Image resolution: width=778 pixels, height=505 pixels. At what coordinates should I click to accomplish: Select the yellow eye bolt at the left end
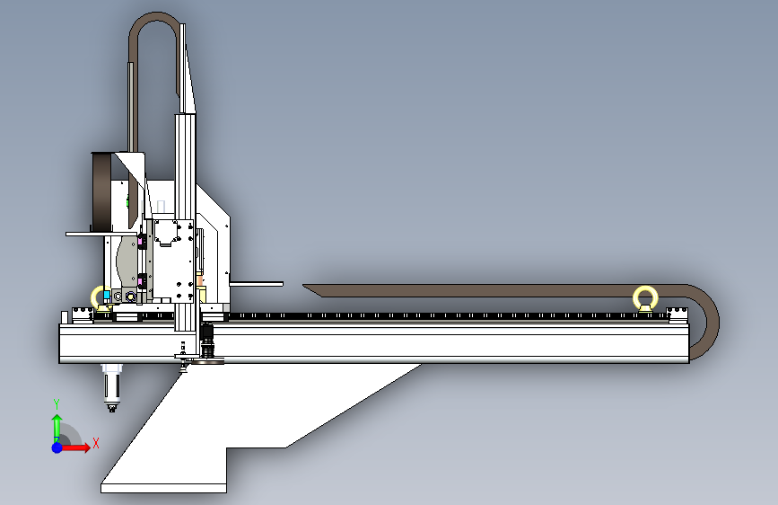pos(94,298)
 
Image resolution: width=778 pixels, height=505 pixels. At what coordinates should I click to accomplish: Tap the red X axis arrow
pos(74,447)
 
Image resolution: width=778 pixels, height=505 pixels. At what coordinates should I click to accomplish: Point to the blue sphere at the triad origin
pos(57,447)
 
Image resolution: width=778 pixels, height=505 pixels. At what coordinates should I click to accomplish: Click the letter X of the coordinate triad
pos(96,443)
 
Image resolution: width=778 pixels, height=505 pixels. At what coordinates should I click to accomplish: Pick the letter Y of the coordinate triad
pos(57,404)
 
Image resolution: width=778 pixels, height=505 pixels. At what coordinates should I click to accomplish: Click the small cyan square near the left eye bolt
pos(106,295)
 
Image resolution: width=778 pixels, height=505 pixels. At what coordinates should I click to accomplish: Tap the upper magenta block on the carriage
pos(140,242)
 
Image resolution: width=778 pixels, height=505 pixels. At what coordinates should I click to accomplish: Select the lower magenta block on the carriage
pos(140,282)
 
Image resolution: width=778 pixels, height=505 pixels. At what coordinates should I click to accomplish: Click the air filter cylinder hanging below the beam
pos(111,387)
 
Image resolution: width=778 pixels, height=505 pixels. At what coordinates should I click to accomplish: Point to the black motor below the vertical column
pos(207,341)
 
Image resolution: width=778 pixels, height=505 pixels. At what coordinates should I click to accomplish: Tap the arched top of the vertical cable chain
pos(155,17)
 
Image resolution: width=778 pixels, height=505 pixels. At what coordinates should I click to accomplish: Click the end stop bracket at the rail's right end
pos(677,315)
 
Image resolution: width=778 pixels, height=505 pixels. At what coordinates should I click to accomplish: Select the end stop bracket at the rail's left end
pos(83,315)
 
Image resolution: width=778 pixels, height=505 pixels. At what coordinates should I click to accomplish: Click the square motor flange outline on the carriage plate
pos(166,232)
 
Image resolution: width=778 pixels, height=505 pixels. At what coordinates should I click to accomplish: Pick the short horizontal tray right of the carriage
pos(257,284)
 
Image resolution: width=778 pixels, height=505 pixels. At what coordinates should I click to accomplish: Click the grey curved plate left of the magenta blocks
pos(127,261)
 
